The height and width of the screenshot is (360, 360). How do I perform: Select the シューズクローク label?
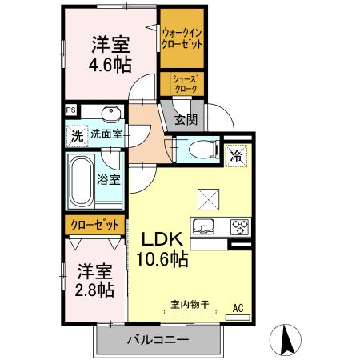pyautogui.click(x=182, y=83)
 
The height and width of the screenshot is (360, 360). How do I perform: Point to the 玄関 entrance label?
pyautogui.click(x=186, y=120)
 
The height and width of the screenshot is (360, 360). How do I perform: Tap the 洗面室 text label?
pyautogui.click(x=106, y=134)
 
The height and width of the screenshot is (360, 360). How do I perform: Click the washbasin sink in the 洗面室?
pyautogui.click(x=112, y=113)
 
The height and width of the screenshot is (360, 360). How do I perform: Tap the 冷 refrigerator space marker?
pyautogui.click(x=237, y=157)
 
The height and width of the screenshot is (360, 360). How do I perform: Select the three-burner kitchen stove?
pyautogui.click(x=240, y=225)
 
